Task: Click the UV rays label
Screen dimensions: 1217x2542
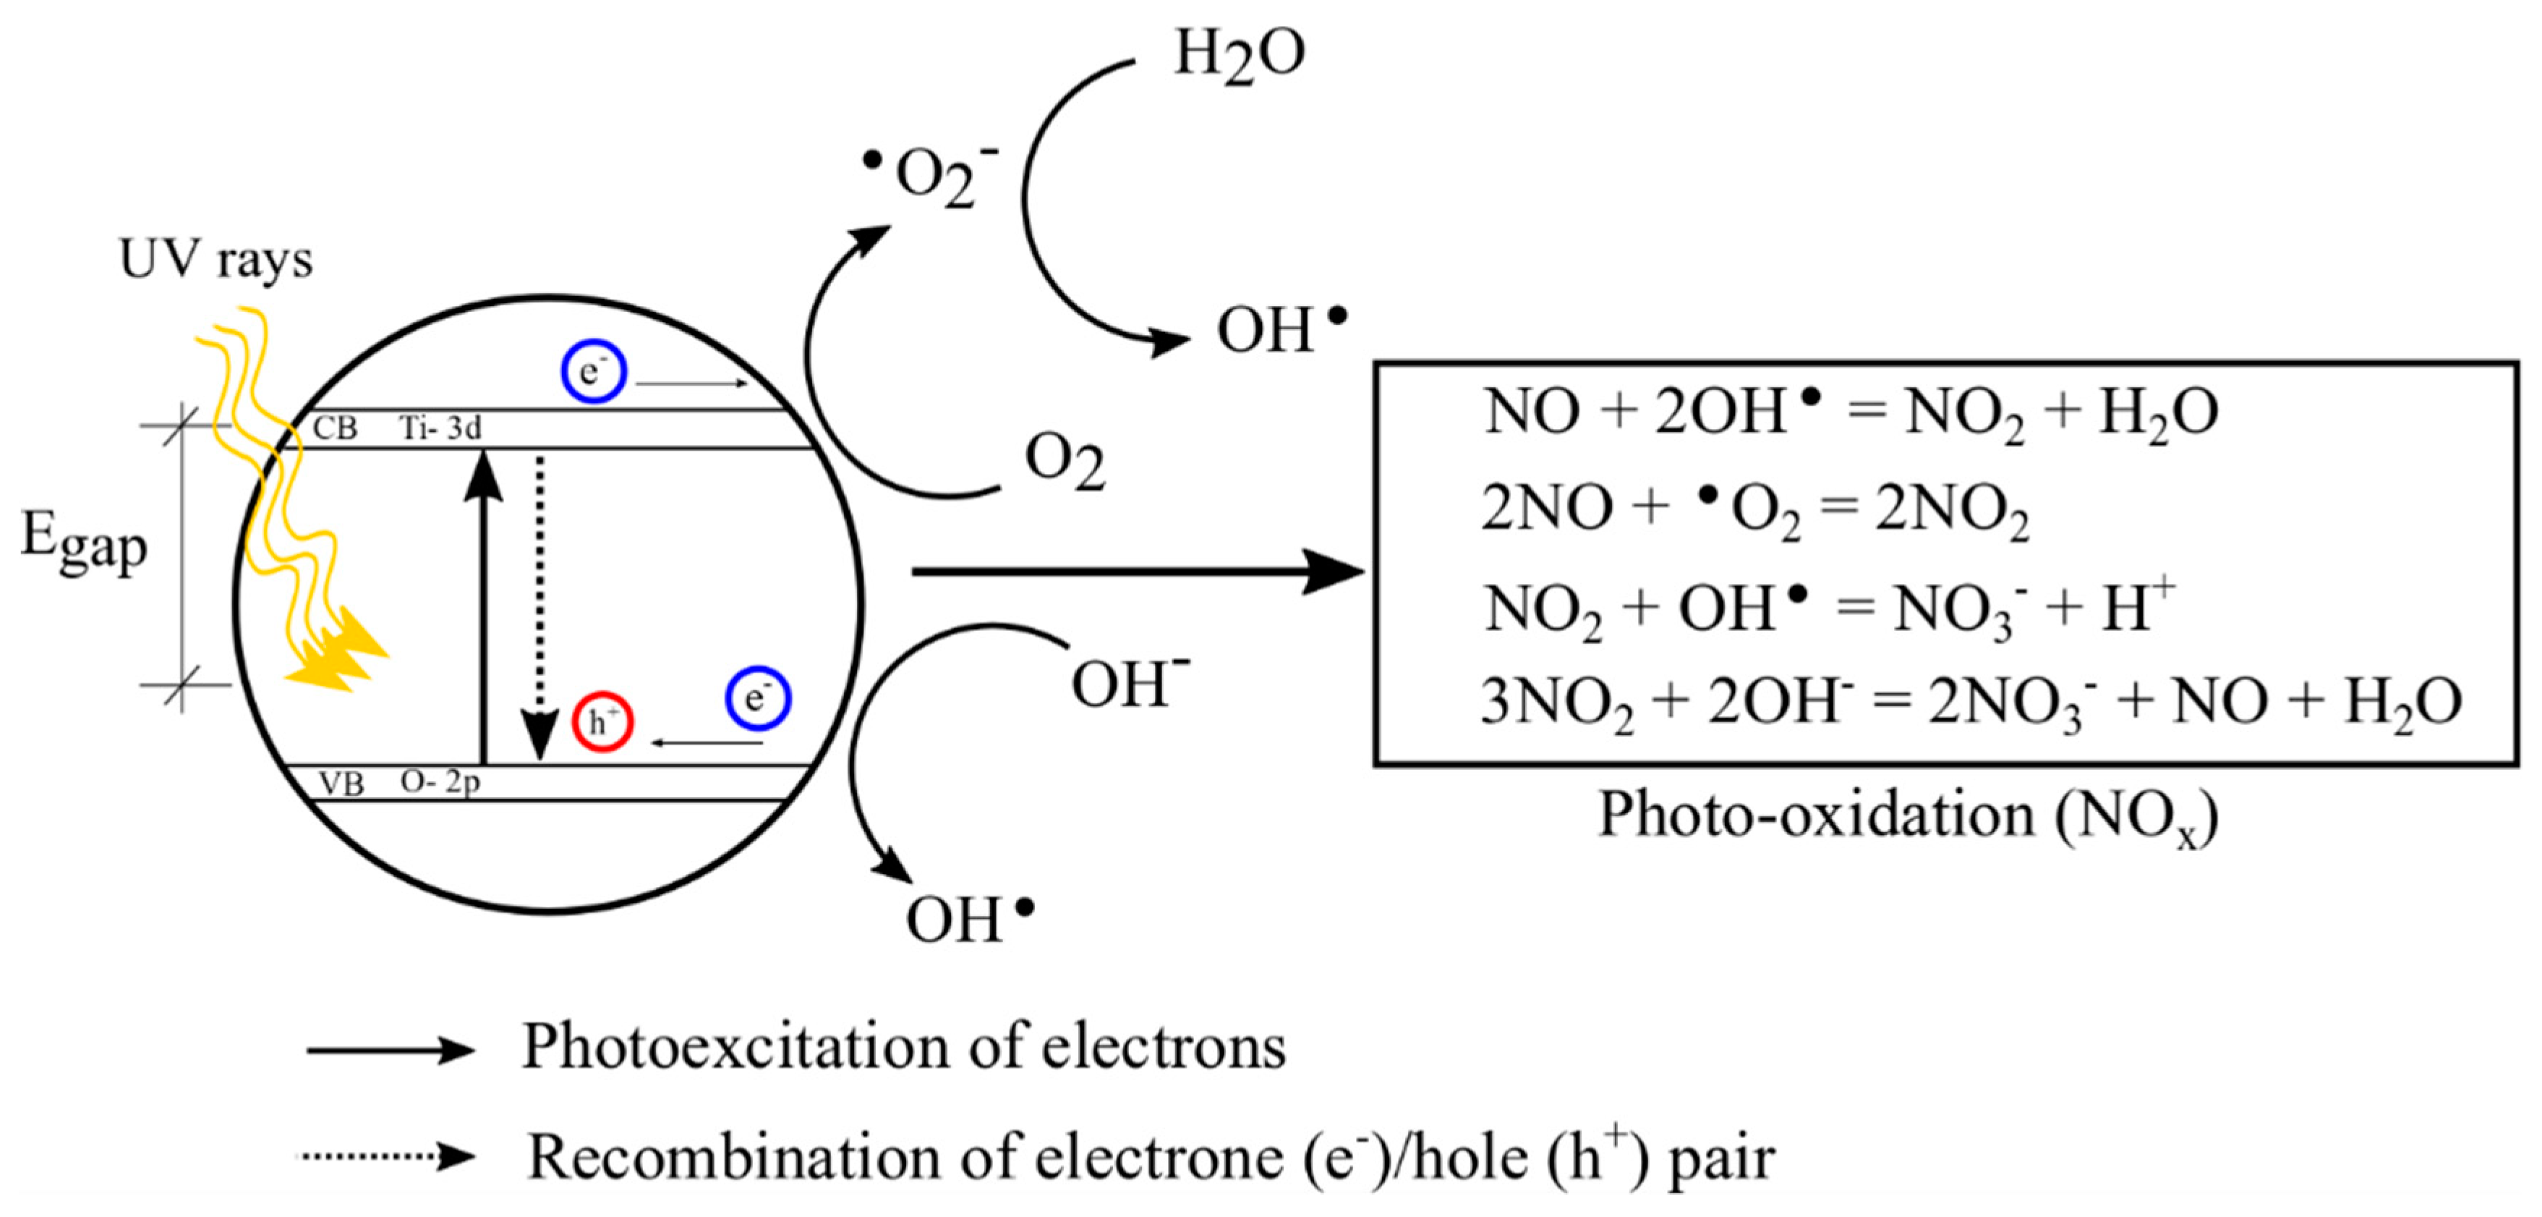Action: click(x=215, y=260)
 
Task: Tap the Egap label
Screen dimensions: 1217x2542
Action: click(x=85, y=543)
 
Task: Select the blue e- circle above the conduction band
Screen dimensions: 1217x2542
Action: click(x=593, y=372)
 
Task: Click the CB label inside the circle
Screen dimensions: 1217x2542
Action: click(x=335, y=428)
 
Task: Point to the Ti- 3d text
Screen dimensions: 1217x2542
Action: click(x=440, y=428)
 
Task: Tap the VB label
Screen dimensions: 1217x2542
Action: click(x=341, y=784)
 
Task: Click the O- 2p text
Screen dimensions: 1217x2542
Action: click(x=440, y=781)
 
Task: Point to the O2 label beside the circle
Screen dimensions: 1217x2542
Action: click(x=1065, y=461)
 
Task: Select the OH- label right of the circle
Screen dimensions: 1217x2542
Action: click(x=1129, y=683)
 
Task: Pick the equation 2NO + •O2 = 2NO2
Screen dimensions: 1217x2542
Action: click(x=1754, y=509)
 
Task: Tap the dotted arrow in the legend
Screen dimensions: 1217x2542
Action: click(x=388, y=1155)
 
